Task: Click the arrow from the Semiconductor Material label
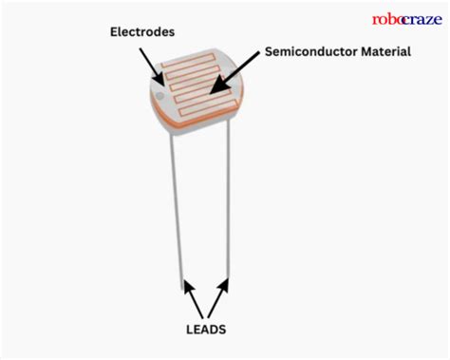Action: (235, 77)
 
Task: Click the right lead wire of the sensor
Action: (227, 209)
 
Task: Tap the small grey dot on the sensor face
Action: (159, 95)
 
